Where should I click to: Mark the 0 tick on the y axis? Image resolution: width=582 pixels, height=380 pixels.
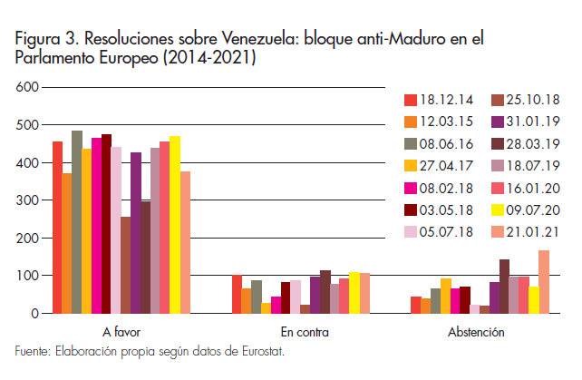pos(35,314)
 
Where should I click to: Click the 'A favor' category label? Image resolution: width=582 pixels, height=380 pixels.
pos(121,333)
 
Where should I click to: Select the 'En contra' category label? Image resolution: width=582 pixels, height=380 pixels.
pos(299,333)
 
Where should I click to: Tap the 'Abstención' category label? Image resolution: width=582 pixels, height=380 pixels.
pos(476,333)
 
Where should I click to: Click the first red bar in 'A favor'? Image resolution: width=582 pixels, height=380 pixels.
pos(57,228)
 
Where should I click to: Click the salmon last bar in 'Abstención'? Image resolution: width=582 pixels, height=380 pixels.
pos(544,282)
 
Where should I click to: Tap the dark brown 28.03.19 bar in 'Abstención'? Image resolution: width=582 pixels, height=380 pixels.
pos(504,287)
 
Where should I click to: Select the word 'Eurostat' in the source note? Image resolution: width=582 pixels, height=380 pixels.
pos(259,351)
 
